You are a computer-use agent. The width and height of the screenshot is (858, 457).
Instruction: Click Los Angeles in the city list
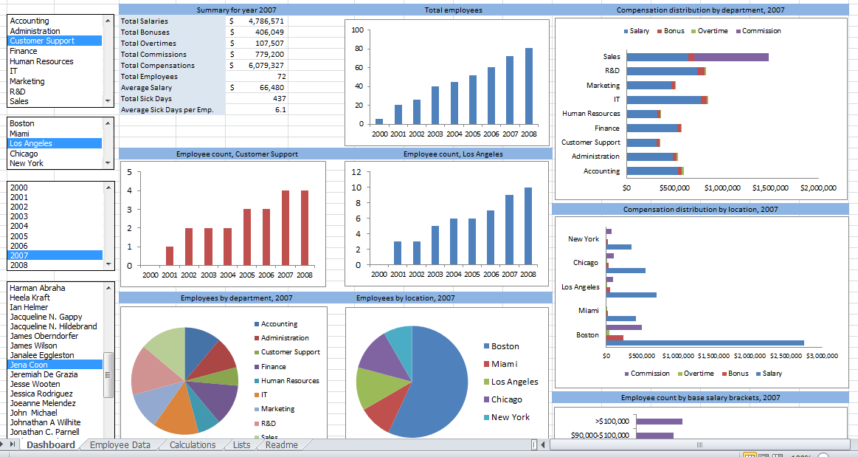coord(31,143)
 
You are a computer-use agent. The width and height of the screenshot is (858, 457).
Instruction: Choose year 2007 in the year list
coord(19,255)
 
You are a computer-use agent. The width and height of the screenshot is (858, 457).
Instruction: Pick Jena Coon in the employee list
coord(29,365)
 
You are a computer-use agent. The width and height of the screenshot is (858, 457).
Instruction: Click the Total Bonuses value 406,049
coord(269,32)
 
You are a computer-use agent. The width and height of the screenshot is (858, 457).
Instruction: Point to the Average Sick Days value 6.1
coord(280,109)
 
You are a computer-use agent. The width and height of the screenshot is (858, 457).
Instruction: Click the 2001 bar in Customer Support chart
coord(170,255)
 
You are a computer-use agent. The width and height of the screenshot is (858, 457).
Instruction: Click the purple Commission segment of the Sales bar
coord(731,57)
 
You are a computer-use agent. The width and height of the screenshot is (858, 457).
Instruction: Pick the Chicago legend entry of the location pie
coord(506,399)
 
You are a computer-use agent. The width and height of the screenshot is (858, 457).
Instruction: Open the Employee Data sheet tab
coord(120,445)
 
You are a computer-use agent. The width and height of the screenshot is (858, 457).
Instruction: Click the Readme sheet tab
coord(281,445)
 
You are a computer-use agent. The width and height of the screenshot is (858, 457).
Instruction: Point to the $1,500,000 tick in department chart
coord(767,188)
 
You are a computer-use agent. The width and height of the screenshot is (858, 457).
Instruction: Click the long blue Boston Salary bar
coord(705,343)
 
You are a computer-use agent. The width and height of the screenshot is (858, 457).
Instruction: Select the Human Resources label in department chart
coord(591,114)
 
